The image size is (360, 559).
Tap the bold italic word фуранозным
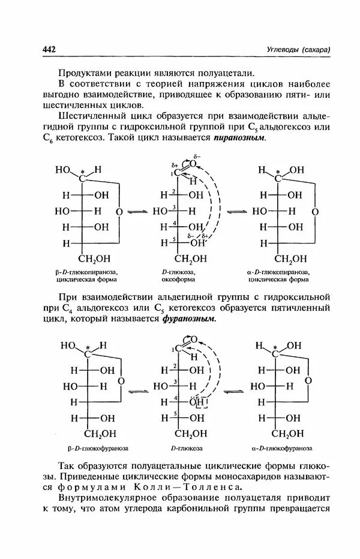(188, 318)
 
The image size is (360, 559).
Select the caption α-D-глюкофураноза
(279, 447)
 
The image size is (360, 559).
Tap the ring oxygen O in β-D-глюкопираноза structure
(120, 212)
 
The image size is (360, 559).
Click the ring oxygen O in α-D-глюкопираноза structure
(316, 212)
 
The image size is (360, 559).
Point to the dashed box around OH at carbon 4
(198, 401)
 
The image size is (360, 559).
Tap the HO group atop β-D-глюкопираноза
(63, 170)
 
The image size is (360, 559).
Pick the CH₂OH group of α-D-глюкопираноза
(290, 259)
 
